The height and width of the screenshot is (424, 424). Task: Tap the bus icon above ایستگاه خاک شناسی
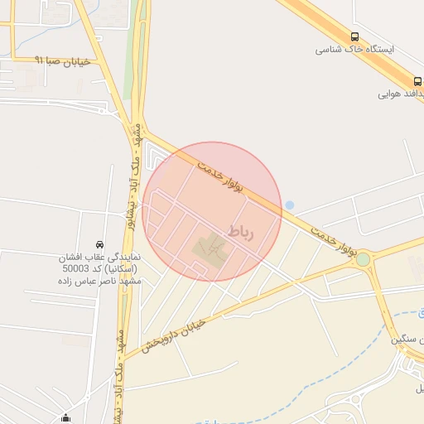[355, 36]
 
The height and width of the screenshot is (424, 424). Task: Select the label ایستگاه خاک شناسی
[354, 50]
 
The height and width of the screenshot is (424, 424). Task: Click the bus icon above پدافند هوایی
[418, 81]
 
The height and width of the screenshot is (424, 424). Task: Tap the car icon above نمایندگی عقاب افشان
[100, 244]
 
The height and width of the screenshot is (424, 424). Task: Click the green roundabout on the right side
[363, 260]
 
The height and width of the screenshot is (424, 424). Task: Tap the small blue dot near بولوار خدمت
[289, 205]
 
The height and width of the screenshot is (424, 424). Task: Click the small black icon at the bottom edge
[66, 417]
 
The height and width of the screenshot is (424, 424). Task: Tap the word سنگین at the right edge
[409, 340]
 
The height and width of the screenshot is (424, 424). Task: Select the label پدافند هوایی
[402, 94]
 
